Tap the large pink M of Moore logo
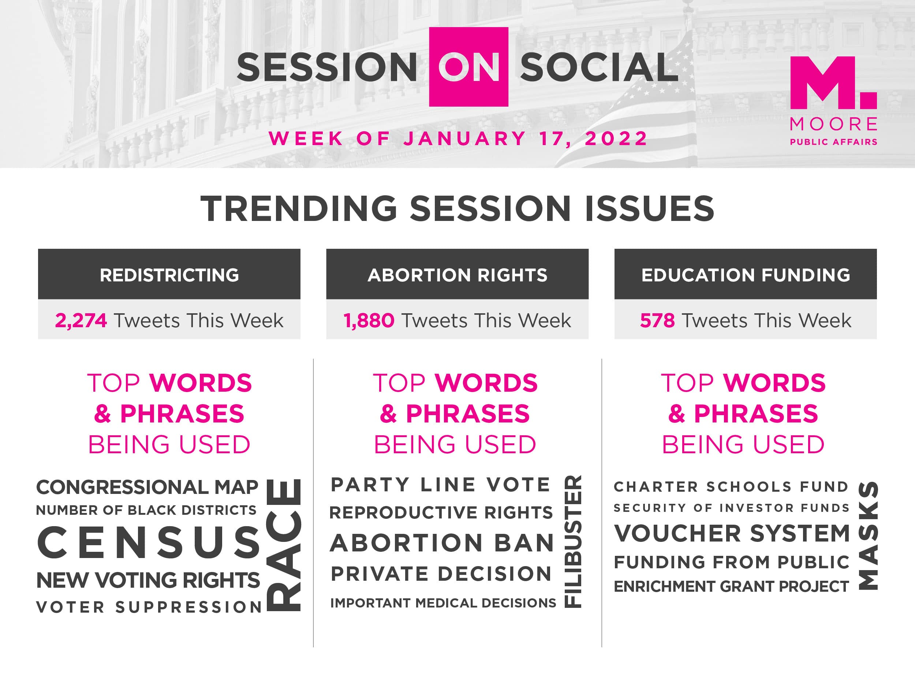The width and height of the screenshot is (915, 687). pos(823,83)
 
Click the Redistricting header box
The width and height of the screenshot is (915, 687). pos(169,274)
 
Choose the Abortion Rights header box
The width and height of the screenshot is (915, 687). pos(457,274)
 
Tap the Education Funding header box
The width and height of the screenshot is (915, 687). pos(746,274)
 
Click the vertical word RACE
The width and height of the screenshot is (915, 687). pos(284,545)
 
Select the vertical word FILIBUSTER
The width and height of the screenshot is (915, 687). pos(573,541)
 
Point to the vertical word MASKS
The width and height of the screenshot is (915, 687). pos(868,535)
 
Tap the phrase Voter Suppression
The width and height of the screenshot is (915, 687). pos(149,607)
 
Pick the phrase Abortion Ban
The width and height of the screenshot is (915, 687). pos(442,543)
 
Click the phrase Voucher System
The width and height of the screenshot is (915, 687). pos(732,533)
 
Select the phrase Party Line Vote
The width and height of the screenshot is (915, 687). pos(441,484)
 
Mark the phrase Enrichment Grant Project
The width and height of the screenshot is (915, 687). pos(731,586)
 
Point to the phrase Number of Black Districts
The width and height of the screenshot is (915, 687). pos(146,510)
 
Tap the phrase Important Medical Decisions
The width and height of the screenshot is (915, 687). pos(443,603)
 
